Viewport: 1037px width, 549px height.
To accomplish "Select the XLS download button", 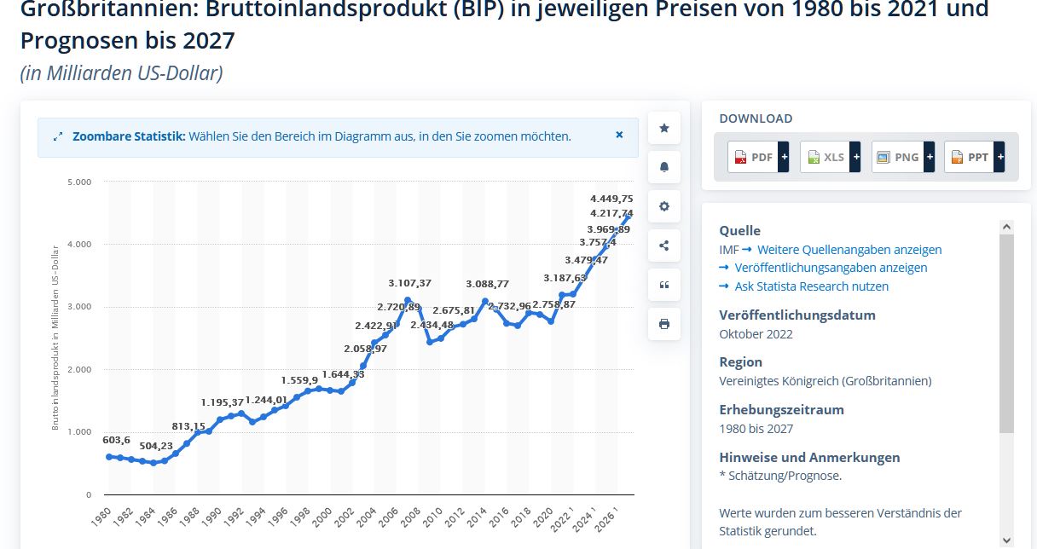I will click(x=825, y=157).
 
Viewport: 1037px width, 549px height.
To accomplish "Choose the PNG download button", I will click(x=897, y=157).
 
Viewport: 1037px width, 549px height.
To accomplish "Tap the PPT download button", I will click(x=969, y=157).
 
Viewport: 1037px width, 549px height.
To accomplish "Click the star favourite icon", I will click(x=664, y=129).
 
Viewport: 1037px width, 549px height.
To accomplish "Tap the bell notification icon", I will click(x=664, y=167).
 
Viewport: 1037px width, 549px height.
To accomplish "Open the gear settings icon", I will click(x=664, y=206).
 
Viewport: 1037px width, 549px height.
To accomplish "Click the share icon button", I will click(x=664, y=246).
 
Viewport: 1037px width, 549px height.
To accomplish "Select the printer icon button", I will click(x=664, y=324).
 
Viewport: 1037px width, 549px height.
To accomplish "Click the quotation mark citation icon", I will click(x=664, y=285).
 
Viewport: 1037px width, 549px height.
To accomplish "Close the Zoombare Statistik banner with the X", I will click(x=619, y=135).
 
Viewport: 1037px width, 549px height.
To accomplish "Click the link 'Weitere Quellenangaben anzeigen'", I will click(x=849, y=250).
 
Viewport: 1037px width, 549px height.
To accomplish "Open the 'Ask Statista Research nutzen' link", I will click(x=811, y=286).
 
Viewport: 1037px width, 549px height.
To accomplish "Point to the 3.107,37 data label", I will click(x=409, y=283).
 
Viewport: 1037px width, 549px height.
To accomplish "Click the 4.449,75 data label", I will click(x=611, y=198).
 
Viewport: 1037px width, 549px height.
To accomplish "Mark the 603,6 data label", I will click(x=116, y=440).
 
